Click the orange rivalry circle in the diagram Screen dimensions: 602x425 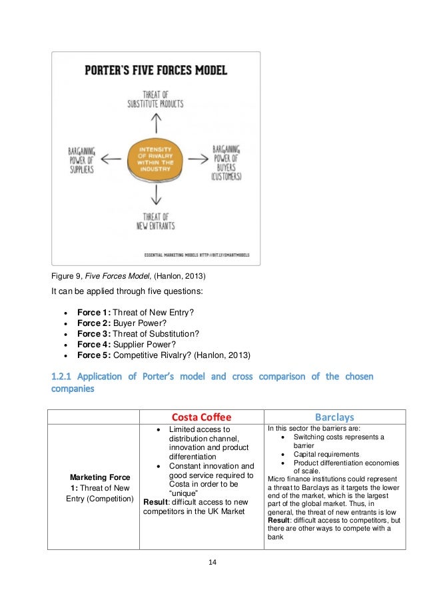pos(157,157)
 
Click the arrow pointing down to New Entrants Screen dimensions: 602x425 pos(157,194)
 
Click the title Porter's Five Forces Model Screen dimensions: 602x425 pos(156,69)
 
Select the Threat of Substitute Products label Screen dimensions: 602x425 pos(156,99)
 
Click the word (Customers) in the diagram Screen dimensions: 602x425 pos(226,177)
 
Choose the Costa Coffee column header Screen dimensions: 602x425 pos(201,416)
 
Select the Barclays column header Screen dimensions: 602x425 pos(334,416)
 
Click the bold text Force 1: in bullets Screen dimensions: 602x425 pos(94,313)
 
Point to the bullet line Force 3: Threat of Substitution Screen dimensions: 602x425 pos(138,333)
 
